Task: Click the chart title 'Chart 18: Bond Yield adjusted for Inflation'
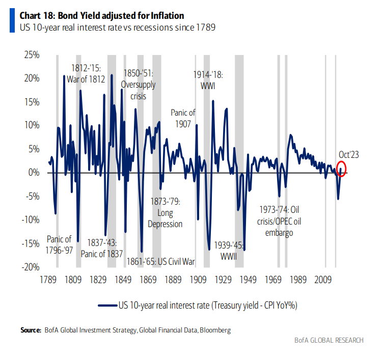(102, 16)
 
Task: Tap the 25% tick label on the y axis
(32, 54)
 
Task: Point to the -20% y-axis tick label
(31, 266)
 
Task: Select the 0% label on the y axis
(34, 173)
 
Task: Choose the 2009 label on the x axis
(323, 279)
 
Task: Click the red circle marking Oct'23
(342, 169)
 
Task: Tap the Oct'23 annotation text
(349, 154)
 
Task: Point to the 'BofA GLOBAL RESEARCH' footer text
(329, 340)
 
